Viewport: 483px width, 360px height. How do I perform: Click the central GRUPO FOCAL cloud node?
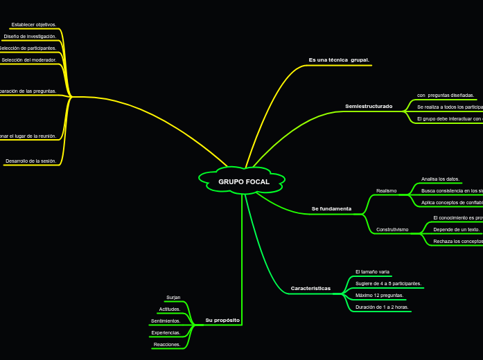tap(243, 181)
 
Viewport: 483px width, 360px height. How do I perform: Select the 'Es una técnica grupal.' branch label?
tap(339, 60)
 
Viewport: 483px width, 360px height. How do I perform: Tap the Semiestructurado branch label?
tap(369, 107)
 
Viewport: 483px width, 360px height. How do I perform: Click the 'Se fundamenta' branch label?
tap(331, 208)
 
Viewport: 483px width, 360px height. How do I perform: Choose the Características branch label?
tap(310, 288)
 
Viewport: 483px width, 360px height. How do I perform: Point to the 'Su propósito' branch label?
tap(222, 321)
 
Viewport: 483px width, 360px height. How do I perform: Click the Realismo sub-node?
tap(386, 190)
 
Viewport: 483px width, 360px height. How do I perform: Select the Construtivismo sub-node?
tap(392, 229)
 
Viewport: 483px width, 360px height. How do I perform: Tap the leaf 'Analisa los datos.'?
tap(440, 179)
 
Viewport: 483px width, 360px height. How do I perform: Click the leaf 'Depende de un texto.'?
tap(456, 229)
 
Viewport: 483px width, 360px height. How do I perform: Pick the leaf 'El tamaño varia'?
tap(372, 272)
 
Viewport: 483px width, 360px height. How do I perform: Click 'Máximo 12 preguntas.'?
tap(379, 295)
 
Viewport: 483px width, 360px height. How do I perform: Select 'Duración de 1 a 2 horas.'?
tap(382, 307)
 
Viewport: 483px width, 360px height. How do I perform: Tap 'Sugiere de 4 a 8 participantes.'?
tap(388, 283)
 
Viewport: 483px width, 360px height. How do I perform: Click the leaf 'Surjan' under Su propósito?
tap(173, 297)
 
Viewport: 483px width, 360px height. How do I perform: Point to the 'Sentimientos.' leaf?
tap(166, 321)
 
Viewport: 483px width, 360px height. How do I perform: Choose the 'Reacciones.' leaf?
tap(167, 344)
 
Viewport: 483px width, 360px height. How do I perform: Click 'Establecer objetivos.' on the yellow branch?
tap(34, 24)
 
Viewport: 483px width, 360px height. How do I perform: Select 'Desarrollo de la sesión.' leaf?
tap(30, 161)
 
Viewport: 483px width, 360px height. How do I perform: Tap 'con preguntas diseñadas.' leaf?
tap(446, 95)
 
